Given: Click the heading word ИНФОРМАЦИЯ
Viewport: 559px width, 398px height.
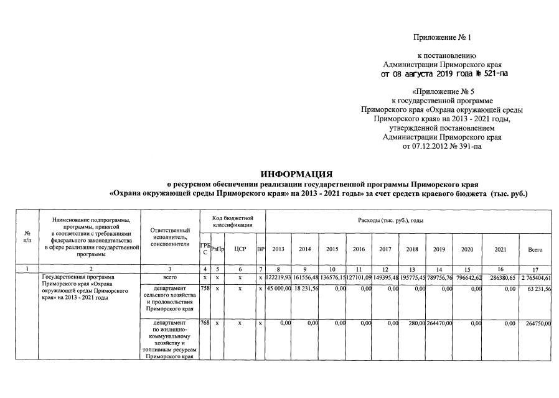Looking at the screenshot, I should point(297,174).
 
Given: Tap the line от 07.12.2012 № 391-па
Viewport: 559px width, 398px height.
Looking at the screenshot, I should point(443,146).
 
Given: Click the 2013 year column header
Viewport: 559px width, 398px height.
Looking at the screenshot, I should point(278,249).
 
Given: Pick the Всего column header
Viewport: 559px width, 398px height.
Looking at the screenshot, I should point(535,249).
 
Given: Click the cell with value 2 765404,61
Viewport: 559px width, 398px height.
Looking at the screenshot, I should point(535,277).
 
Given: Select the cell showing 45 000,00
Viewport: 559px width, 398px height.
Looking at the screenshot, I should point(279,289).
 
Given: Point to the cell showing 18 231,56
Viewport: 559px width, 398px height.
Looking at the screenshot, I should point(306,289).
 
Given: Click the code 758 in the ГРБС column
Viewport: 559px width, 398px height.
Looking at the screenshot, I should point(205,289).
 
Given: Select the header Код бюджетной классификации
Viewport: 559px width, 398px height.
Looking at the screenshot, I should point(232,221).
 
